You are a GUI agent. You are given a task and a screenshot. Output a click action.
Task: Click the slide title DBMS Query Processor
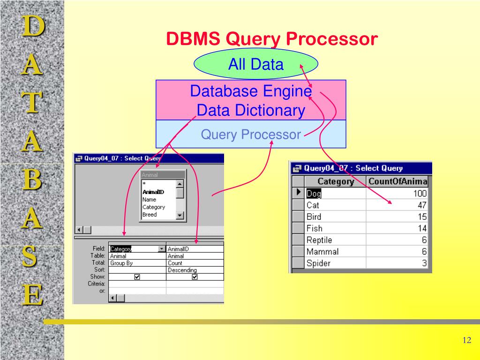point(272,39)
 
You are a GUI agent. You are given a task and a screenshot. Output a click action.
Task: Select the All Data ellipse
point(256,64)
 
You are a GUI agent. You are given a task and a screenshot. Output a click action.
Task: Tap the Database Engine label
point(251,90)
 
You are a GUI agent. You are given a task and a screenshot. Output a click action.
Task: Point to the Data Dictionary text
point(251,111)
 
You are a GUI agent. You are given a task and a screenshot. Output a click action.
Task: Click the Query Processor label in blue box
point(251,135)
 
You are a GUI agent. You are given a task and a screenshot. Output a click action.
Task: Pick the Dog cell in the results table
point(314,194)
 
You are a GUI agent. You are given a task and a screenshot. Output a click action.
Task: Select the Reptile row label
point(319,240)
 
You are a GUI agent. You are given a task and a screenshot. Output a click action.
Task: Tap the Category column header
point(336,181)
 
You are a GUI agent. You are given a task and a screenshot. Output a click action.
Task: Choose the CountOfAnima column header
point(398,181)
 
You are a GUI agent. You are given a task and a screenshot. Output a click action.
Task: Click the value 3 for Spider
point(424,263)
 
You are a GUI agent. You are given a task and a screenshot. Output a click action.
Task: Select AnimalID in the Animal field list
point(153,192)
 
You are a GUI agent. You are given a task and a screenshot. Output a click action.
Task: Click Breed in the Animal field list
point(150,215)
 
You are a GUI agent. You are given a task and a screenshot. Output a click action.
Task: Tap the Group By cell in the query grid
point(121,263)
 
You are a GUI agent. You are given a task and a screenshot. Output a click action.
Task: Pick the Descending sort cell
point(182,270)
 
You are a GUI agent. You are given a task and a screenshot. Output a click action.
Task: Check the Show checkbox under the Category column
point(137,277)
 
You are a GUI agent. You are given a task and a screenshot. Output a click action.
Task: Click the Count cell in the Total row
point(175,263)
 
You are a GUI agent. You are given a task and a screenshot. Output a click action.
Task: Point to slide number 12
point(466,340)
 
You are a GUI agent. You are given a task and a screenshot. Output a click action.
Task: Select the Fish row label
point(315,228)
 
